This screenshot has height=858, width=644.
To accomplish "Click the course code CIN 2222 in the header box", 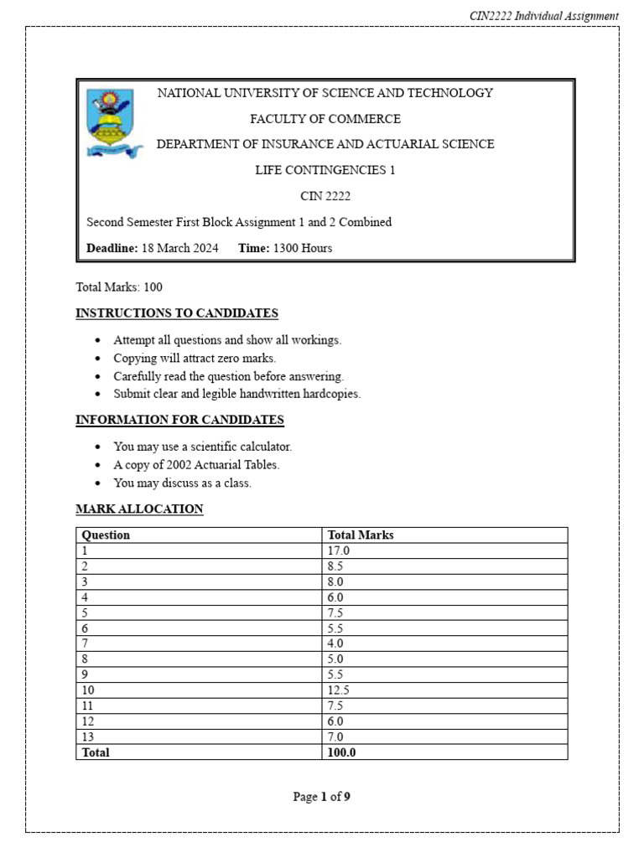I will tap(325, 196).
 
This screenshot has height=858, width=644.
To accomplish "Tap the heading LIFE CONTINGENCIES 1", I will tap(325, 170).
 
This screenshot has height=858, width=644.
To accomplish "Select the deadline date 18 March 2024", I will tap(179, 248).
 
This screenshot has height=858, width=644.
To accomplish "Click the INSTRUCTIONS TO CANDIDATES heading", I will tap(177, 313).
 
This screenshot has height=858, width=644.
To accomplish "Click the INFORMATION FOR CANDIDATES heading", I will tap(179, 420).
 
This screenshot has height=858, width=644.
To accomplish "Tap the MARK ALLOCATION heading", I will tap(139, 509).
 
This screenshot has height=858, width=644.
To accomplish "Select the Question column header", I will tap(106, 535).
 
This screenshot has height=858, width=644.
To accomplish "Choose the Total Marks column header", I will tap(361, 535).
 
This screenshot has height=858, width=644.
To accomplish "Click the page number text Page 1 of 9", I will tap(322, 797).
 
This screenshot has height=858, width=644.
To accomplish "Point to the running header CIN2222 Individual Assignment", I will tap(543, 16).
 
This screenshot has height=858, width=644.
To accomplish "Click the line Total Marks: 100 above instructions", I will tap(119, 287).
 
